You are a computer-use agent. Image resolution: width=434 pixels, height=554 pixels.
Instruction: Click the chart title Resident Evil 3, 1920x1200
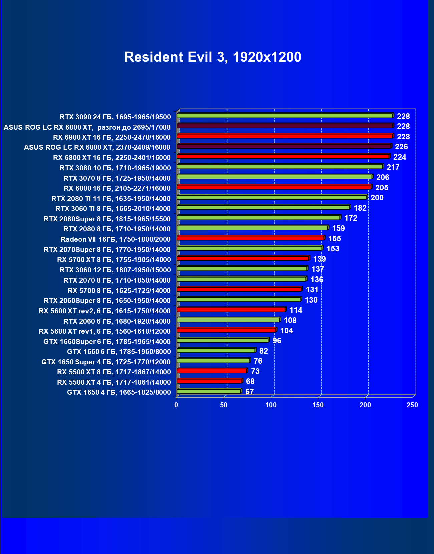pyautogui.click(x=212, y=57)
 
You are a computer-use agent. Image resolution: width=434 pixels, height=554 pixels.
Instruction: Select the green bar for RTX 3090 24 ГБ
pyautogui.click(x=285, y=116)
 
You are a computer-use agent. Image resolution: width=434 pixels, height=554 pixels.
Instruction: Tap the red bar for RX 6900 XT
pyautogui.click(x=285, y=136)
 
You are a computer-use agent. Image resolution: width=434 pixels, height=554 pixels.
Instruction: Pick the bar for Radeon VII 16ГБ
pyautogui.click(x=251, y=238)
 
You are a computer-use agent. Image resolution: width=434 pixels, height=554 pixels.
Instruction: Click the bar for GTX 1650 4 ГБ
pyautogui.click(x=209, y=391)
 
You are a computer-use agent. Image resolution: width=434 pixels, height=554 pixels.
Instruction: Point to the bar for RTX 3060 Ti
pyautogui.click(x=264, y=208)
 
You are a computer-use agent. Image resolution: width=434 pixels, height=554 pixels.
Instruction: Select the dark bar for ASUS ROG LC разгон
pyautogui.click(x=285, y=126)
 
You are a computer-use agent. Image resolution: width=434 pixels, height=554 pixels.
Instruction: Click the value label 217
pyautogui.click(x=393, y=167)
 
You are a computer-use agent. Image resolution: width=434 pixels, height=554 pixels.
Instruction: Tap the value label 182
pyautogui.click(x=360, y=208)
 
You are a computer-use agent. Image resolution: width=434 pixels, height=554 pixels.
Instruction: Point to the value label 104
pyautogui.click(x=286, y=331)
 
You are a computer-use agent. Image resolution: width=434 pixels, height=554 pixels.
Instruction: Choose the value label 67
pyautogui.click(x=249, y=392)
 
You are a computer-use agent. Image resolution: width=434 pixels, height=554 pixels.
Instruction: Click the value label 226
pyautogui.click(x=401, y=147)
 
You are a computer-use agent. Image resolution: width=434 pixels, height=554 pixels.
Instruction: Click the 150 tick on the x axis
pyautogui.click(x=318, y=405)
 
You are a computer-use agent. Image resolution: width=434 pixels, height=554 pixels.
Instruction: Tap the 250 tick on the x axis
pyautogui.click(x=412, y=405)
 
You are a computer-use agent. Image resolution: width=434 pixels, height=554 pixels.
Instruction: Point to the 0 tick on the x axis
pyautogui.click(x=176, y=405)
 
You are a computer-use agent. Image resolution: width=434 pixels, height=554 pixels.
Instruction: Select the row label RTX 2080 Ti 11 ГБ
pyautogui.click(x=111, y=199)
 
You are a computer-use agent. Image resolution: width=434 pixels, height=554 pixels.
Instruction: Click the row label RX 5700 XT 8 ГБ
pyautogui.click(x=114, y=260)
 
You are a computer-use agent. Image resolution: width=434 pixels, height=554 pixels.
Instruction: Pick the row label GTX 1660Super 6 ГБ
pyautogui.click(x=107, y=342)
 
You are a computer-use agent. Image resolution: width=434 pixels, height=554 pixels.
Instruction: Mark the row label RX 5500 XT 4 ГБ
pyautogui.click(x=114, y=382)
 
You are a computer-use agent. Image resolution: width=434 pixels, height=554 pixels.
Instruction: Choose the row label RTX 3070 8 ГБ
pyautogui.click(x=117, y=178)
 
